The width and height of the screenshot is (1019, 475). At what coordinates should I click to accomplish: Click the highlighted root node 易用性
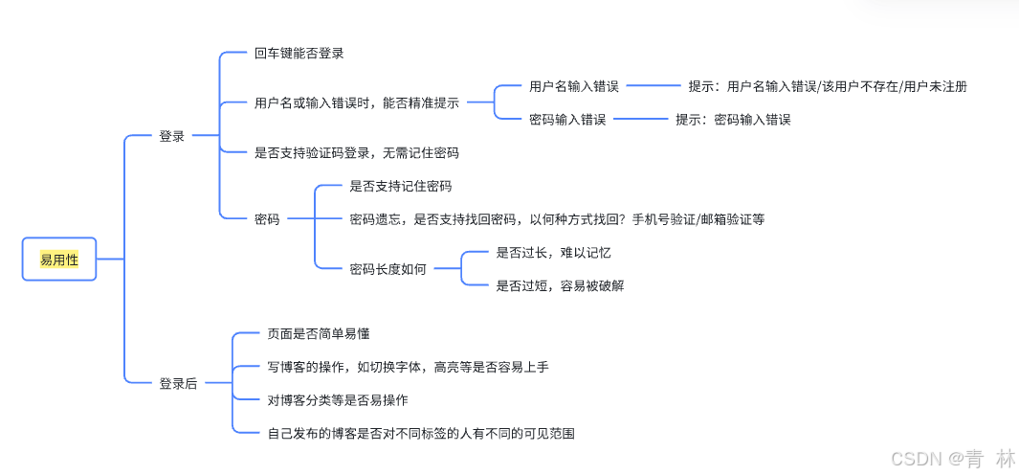[59, 259]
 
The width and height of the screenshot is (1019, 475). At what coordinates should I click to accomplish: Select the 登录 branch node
[171, 137]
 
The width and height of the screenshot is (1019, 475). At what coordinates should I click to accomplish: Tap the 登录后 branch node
[178, 383]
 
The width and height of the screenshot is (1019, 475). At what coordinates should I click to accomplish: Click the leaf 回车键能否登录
[299, 54]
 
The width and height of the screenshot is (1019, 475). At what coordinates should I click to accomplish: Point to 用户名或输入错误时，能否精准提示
[356, 102]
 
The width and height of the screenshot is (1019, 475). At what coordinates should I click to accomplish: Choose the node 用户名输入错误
[574, 86]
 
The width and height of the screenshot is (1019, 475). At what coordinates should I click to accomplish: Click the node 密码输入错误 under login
[567, 120]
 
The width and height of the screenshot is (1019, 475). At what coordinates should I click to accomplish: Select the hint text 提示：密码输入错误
[733, 120]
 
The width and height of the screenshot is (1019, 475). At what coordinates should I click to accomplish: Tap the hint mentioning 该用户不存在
[828, 86]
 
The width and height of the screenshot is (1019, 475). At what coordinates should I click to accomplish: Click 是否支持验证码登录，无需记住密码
[356, 152]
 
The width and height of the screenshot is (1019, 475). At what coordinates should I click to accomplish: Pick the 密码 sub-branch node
[267, 219]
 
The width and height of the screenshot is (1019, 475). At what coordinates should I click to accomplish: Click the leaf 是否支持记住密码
[401, 186]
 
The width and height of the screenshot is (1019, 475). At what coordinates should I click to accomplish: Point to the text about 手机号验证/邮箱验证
[557, 219]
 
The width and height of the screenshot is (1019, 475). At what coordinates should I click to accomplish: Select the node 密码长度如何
[388, 269]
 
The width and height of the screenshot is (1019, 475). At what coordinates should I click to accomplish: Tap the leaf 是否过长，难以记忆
[553, 253]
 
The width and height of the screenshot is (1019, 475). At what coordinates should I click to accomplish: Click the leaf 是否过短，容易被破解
[560, 285]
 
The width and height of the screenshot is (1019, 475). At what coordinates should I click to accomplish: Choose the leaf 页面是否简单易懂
[319, 334]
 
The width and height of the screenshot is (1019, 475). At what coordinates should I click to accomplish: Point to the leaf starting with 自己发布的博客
[421, 433]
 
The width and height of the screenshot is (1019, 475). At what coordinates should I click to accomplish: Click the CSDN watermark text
[952, 459]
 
